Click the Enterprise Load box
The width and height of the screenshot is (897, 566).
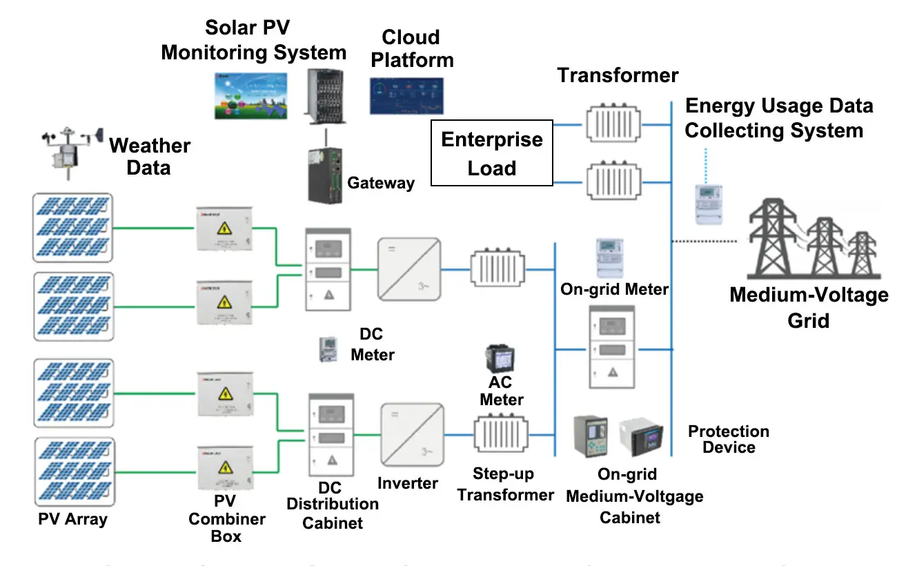491,153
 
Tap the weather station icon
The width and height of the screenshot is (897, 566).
68,150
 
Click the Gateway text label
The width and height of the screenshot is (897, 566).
381,183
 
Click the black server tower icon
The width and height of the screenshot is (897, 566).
324,93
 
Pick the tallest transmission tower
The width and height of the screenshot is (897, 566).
776,238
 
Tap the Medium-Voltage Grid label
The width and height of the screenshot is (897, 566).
809,307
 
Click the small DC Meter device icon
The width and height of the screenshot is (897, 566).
326,349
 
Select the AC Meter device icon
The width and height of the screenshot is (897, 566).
502,359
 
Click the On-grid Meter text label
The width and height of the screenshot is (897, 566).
614,289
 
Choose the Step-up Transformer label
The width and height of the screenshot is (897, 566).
505,485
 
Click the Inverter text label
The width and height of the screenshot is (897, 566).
408,483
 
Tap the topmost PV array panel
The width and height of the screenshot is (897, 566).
72,227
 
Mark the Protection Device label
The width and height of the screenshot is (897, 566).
729,440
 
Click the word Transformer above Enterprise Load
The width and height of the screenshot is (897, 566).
618,75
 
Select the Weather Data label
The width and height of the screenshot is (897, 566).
150,156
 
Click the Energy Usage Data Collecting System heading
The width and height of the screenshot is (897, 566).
778,118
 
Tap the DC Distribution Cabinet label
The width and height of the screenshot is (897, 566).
333,504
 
